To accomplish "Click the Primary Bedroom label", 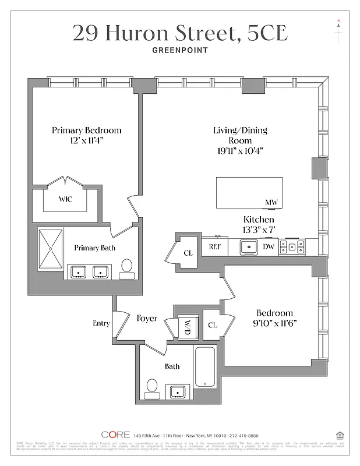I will [86, 130].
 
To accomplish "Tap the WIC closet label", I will [65, 199].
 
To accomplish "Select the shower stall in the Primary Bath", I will [51, 249].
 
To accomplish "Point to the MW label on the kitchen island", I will [271, 203].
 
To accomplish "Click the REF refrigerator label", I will [215, 246].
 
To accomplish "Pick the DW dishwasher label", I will [269, 246].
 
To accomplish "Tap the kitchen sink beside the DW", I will [249, 247].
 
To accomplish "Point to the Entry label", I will [101, 323].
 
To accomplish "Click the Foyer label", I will [147, 319].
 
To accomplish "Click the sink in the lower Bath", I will [177, 391].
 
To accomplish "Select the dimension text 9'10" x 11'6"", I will [271, 324].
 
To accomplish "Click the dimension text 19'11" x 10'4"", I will [240, 151].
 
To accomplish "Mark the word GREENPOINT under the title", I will [179, 50].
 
